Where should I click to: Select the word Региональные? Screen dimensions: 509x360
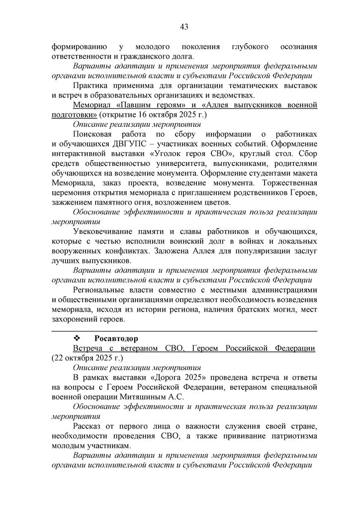pos(99,290)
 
